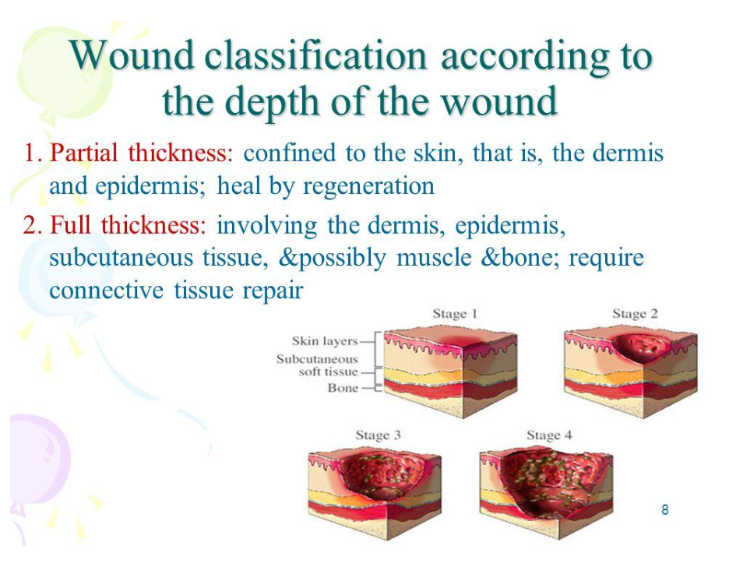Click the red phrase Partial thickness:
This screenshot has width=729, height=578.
point(141,153)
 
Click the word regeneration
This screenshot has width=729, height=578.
point(368,186)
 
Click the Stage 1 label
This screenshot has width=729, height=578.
point(455,314)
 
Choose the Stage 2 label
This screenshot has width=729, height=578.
point(635,314)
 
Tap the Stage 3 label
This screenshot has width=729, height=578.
point(378,435)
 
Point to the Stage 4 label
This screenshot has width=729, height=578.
point(549,435)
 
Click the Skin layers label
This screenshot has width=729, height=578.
point(325,341)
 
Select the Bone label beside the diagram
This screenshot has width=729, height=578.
point(343,388)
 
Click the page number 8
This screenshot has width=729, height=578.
point(665,509)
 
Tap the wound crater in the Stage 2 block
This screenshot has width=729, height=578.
point(642,347)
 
